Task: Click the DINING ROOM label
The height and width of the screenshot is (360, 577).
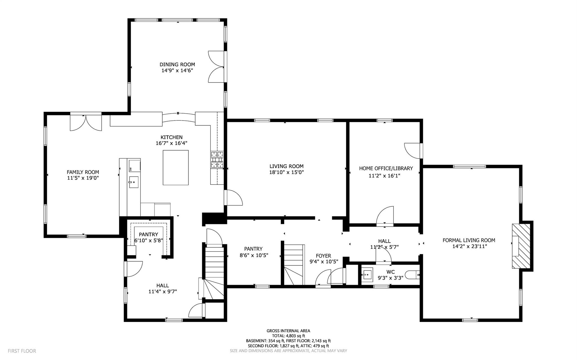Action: pyautogui.click(x=177, y=65)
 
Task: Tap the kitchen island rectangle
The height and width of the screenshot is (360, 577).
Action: pyautogui.click(x=176, y=168)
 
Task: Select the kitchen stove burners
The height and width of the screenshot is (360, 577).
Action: pyautogui.click(x=217, y=160)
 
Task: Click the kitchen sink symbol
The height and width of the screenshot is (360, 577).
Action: pyautogui.click(x=134, y=182)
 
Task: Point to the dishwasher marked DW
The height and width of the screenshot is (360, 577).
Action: pyautogui.click(x=134, y=166)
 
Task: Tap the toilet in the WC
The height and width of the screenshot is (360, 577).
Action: pyautogui.click(x=412, y=274)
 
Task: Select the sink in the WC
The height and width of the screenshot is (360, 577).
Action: pyautogui.click(x=367, y=274)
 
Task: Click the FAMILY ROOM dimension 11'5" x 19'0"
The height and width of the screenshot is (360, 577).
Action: pyautogui.click(x=83, y=178)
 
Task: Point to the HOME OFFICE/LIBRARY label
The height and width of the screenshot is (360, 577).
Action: pyautogui.click(x=386, y=168)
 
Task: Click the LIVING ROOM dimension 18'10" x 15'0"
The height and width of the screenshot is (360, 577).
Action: pyautogui.click(x=286, y=172)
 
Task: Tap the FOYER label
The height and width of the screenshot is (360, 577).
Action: pyautogui.click(x=323, y=256)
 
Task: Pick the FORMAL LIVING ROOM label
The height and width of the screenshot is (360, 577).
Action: pyautogui.click(x=469, y=240)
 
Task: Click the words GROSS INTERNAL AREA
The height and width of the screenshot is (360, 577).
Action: pyautogui.click(x=288, y=331)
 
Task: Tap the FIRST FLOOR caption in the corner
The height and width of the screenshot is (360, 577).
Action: pyautogui.click(x=22, y=351)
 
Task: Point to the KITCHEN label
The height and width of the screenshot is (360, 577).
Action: pyautogui.click(x=171, y=137)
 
